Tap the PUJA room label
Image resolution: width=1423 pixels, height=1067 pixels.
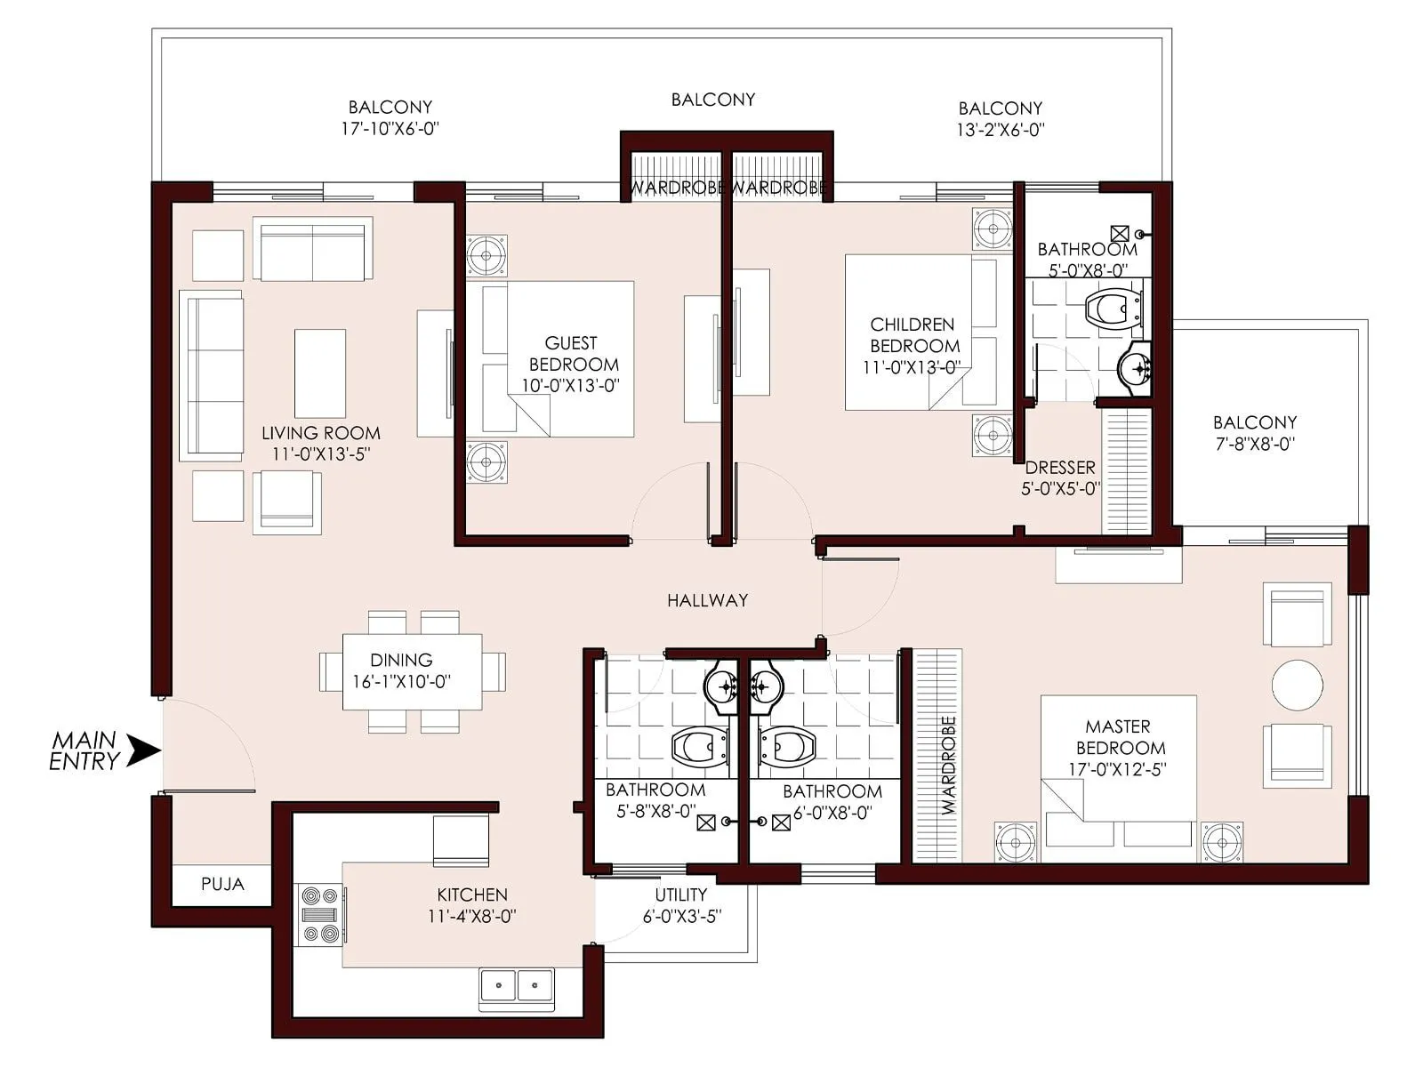pyautogui.click(x=222, y=884)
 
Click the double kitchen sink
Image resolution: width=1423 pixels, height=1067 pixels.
pyautogui.click(x=517, y=985)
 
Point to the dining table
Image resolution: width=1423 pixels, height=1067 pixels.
pyautogui.click(x=412, y=671)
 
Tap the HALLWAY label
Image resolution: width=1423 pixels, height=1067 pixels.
pyautogui.click(x=707, y=600)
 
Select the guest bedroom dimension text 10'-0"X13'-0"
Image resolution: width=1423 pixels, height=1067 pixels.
pyautogui.click(x=570, y=386)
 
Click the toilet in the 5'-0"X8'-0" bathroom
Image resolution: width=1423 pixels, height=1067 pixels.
pyautogui.click(x=1112, y=309)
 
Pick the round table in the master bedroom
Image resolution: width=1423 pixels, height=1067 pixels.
pyautogui.click(x=1298, y=685)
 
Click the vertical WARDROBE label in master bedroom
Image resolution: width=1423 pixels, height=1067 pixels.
pyautogui.click(x=948, y=765)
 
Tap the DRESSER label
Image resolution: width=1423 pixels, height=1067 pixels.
pyautogui.click(x=1060, y=468)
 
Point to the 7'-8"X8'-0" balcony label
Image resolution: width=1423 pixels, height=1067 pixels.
pyautogui.click(x=1255, y=444)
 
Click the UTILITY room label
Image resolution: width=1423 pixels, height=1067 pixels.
pyautogui.click(x=681, y=895)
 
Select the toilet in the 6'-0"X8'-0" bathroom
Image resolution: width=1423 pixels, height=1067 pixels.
pyautogui.click(x=786, y=746)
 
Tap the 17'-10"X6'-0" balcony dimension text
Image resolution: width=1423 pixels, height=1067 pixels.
pyautogui.click(x=390, y=128)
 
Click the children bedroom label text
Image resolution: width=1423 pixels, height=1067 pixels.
pyautogui.click(x=914, y=335)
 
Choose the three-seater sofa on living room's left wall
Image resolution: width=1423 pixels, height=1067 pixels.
pyautogui.click(x=212, y=375)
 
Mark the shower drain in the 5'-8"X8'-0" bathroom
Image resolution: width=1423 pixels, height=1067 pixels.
pyautogui.click(x=705, y=823)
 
